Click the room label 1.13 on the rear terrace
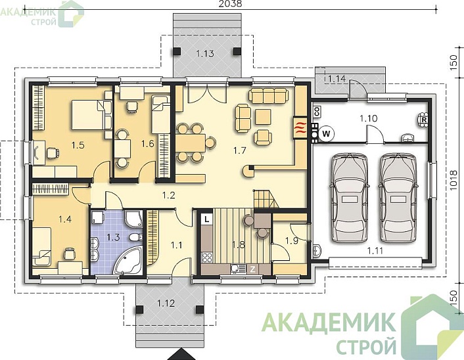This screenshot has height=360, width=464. [x=205, y=54]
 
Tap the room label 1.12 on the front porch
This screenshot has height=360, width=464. [x=166, y=304]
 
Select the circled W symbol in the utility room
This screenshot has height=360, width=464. [x=327, y=134]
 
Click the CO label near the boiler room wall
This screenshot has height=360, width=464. [x=317, y=111]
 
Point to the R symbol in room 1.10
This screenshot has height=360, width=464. [x=424, y=120]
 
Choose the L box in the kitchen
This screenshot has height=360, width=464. [x=207, y=219]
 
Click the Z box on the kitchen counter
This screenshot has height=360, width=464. [x=253, y=269]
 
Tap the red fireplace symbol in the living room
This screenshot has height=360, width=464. [x=300, y=128]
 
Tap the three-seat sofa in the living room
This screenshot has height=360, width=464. [x=268, y=95]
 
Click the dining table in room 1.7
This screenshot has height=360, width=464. [x=191, y=143]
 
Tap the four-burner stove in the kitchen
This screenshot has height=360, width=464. [x=207, y=258]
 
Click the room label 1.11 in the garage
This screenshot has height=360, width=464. [x=375, y=251]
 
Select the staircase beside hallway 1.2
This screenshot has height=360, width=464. [x=266, y=199]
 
